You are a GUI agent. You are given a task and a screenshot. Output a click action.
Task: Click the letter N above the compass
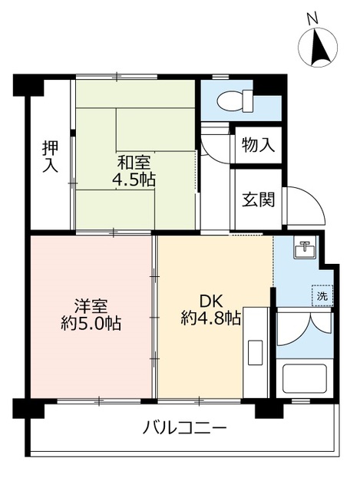point(312,16)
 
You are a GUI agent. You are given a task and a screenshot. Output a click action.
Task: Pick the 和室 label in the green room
point(134,163)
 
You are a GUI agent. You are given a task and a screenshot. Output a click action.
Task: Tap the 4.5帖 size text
point(136,181)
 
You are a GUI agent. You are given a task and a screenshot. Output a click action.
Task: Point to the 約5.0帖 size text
point(91,322)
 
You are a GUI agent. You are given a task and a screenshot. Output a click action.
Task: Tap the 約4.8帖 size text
point(211,318)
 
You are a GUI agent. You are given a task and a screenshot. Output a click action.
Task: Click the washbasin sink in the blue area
point(306,249)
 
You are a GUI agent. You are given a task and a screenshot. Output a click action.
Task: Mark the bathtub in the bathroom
point(305,381)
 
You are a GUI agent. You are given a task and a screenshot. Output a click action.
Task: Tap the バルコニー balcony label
point(185,427)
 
